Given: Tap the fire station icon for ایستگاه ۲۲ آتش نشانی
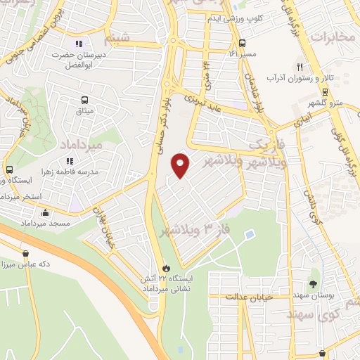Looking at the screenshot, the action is pos(166,268).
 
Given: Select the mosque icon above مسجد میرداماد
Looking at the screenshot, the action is pos(46,212).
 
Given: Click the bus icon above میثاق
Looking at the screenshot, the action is pos(85,101).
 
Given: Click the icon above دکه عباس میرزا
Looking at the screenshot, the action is pos(26,254).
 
